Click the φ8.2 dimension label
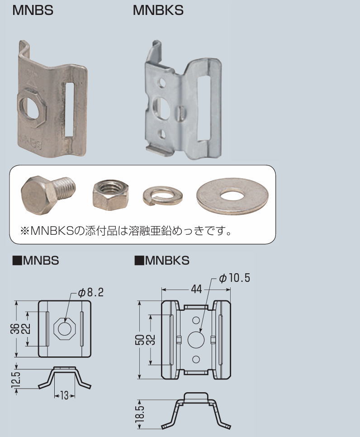tap(90, 293)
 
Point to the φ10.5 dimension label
tap(234, 278)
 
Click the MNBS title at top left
tap(33, 11)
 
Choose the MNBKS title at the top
tap(158, 11)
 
